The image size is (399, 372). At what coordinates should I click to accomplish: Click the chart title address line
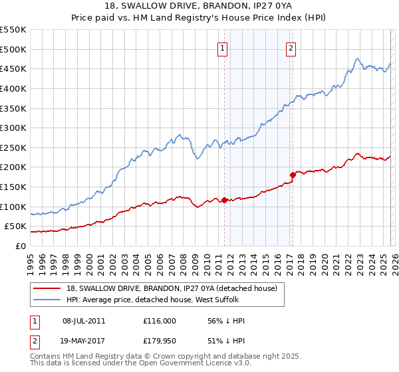(199, 7)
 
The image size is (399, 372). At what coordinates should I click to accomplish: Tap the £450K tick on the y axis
(13, 68)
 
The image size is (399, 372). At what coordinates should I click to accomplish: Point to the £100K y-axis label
(13, 207)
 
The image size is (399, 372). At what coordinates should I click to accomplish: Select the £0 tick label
(20, 246)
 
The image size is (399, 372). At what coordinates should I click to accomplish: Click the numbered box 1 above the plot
(222, 47)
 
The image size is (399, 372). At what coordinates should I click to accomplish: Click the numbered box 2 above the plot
(291, 47)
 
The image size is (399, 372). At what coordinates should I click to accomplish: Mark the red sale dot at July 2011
(224, 200)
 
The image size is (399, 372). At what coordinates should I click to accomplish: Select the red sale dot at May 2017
(293, 175)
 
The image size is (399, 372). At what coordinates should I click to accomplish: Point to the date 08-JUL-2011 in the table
(84, 321)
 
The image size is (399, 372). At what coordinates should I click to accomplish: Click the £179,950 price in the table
(160, 342)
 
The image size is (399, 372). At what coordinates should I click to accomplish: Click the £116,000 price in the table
(160, 321)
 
